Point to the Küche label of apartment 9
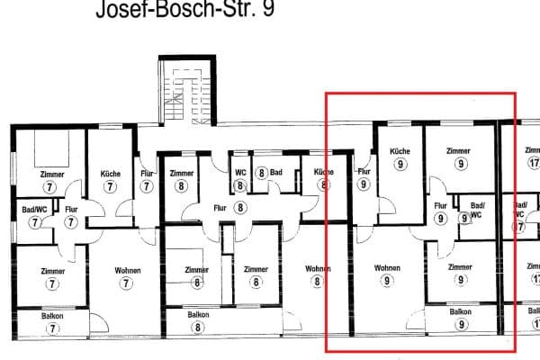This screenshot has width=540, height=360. (x=400, y=151)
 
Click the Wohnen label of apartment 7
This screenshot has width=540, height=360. (x=126, y=269)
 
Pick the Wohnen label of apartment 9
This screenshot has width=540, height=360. (x=387, y=268)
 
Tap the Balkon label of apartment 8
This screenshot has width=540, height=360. (x=198, y=315)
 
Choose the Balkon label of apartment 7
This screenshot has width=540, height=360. (x=52, y=316)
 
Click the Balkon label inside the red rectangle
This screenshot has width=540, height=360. (x=461, y=311)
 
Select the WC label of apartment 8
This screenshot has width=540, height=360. (x=240, y=172)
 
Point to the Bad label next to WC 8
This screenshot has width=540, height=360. (x=275, y=172)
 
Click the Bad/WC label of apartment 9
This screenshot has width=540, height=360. (x=476, y=211)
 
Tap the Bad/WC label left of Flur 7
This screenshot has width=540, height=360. (x=34, y=209)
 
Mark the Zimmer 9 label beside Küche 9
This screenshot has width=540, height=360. (x=460, y=151)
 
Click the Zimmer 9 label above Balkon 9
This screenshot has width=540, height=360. (x=461, y=267)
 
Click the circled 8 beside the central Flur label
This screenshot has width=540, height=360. (x=240, y=208)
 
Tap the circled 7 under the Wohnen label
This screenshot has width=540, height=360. (x=126, y=283)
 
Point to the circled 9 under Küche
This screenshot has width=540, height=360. (x=400, y=165)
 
